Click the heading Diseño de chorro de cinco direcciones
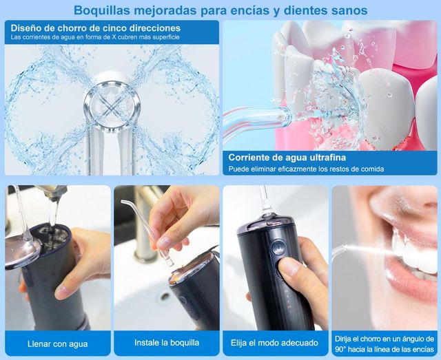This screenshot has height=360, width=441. (96, 28)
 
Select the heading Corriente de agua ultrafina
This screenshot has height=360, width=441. (283, 156)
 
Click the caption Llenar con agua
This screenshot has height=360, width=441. (58, 343)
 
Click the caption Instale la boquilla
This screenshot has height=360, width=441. (166, 343)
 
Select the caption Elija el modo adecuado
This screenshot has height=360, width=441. (274, 343)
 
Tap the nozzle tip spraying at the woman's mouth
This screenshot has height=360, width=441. (338, 251)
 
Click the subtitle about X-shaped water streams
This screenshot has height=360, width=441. (96, 37)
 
